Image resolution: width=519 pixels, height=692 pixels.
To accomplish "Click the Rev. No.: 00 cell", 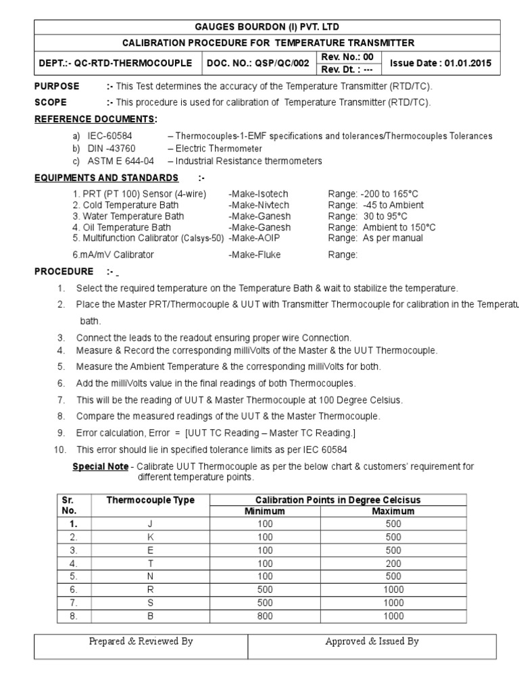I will pyautogui.click(x=351, y=57).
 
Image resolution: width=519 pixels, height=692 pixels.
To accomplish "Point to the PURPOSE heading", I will pyautogui.click(x=57, y=86).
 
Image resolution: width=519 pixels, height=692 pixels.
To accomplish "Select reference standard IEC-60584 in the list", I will pyautogui.click(x=109, y=136).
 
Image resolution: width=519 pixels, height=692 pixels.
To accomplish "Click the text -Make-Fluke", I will pyautogui.click(x=254, y=255).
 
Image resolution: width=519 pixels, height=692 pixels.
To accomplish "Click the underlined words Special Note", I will pyautogui.click(x=99, y=466).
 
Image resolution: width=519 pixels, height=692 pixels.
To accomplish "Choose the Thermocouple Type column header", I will pyautogui.click(x=150, y=500).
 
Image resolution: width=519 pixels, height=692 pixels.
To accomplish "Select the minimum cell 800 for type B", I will pyautogui.click(x=265, y=616).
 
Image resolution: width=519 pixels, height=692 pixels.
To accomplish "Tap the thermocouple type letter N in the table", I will pyautogui.click(x=150, y=576).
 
